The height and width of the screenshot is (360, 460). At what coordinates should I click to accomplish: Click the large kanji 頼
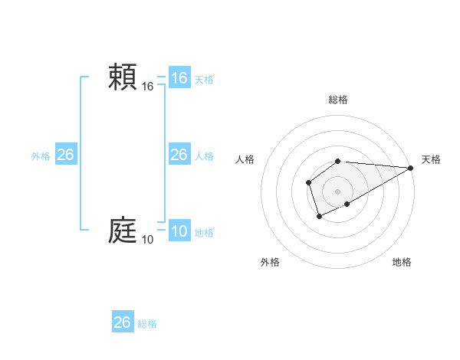pos(123,77)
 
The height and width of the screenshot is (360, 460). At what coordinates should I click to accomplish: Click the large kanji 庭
pos(123,231)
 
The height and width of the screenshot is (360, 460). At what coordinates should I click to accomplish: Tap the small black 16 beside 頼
pos(148,87)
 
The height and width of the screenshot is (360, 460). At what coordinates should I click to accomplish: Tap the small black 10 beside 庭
pos(148,241)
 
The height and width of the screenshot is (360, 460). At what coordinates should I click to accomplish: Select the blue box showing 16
pos(179,78)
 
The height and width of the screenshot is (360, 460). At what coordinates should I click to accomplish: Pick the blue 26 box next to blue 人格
pos(179,155)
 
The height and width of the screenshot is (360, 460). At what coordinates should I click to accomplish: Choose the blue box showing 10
pos(179,231)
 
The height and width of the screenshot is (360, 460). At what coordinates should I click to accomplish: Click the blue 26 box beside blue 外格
pos(65,155)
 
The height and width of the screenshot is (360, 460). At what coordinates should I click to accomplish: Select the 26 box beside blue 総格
pos(123,322)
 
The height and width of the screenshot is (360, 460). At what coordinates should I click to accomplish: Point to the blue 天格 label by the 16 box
pos(204,79)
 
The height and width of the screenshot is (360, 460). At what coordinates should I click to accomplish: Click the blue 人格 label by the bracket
pos(204,155)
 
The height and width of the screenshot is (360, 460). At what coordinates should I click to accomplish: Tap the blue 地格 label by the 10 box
pos(204,232)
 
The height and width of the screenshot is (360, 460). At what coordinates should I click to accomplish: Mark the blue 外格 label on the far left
pos(41,155)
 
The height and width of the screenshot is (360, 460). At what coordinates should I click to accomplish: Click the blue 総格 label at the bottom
pos(147,324)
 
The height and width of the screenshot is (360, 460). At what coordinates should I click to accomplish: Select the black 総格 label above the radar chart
pos(338,100)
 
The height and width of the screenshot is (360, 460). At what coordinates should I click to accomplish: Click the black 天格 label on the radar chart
pos(431,159)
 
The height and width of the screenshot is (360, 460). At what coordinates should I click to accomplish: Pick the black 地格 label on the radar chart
pos(402,262)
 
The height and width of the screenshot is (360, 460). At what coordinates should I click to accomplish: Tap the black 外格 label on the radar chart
pos(270,262)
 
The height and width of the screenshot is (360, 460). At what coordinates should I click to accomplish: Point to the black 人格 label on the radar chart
pos(245,159)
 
